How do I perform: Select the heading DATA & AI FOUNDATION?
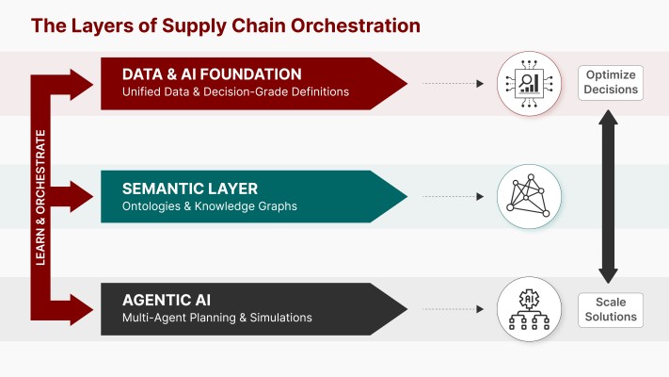(x=212, y=74)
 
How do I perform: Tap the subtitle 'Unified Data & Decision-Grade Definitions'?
(x=235, y=92)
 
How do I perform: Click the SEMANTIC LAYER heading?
(x=189, y=188)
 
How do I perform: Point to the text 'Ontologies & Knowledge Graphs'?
(x=204, y=206)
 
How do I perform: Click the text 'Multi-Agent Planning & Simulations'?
(x=217, y=318)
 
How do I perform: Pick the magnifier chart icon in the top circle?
(x=521, y=83)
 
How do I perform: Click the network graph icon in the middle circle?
(x=521, y=196)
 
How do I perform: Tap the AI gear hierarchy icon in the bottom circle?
(x=521, y=308)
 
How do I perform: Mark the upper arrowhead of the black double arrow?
(x=609, y=120)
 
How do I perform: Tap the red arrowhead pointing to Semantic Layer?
(x=84, y=196)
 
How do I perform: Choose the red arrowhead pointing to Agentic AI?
(x=84, y=308)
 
